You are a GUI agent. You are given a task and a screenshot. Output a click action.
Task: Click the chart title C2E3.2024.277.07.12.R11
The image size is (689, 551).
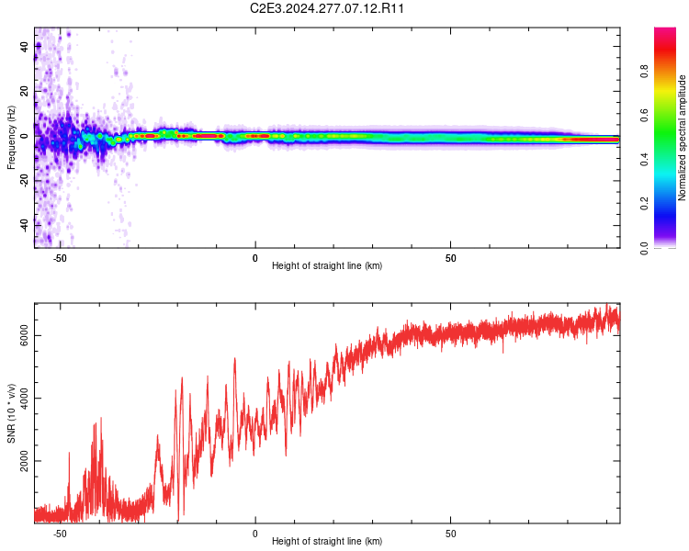pyautogui.click(x=327, y=8)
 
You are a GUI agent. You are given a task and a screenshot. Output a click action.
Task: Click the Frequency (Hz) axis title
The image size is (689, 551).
pyautogui.click(x=11, y=138)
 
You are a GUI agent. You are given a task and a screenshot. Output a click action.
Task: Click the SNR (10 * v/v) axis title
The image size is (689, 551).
pyautogui.click(x=11, y=413)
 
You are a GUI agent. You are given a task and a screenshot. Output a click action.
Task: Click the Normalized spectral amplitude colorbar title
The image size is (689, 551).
pyautogui.click(x=683, y=138)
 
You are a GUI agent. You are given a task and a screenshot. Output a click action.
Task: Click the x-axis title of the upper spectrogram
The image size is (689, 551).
pyautogui.click(x=327, y=266)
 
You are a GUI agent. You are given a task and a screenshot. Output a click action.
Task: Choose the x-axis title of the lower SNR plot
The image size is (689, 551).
pyautogui.click(x=327, y=542)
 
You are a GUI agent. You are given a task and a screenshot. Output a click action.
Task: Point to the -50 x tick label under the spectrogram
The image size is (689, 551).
pyautogui.click(x=60, y=257)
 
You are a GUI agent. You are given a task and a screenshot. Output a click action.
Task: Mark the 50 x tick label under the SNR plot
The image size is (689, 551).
pyautogui.click(x=451, y=533)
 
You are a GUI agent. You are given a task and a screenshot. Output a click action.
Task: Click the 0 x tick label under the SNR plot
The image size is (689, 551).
pyautogui.click(x=255, y=533)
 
